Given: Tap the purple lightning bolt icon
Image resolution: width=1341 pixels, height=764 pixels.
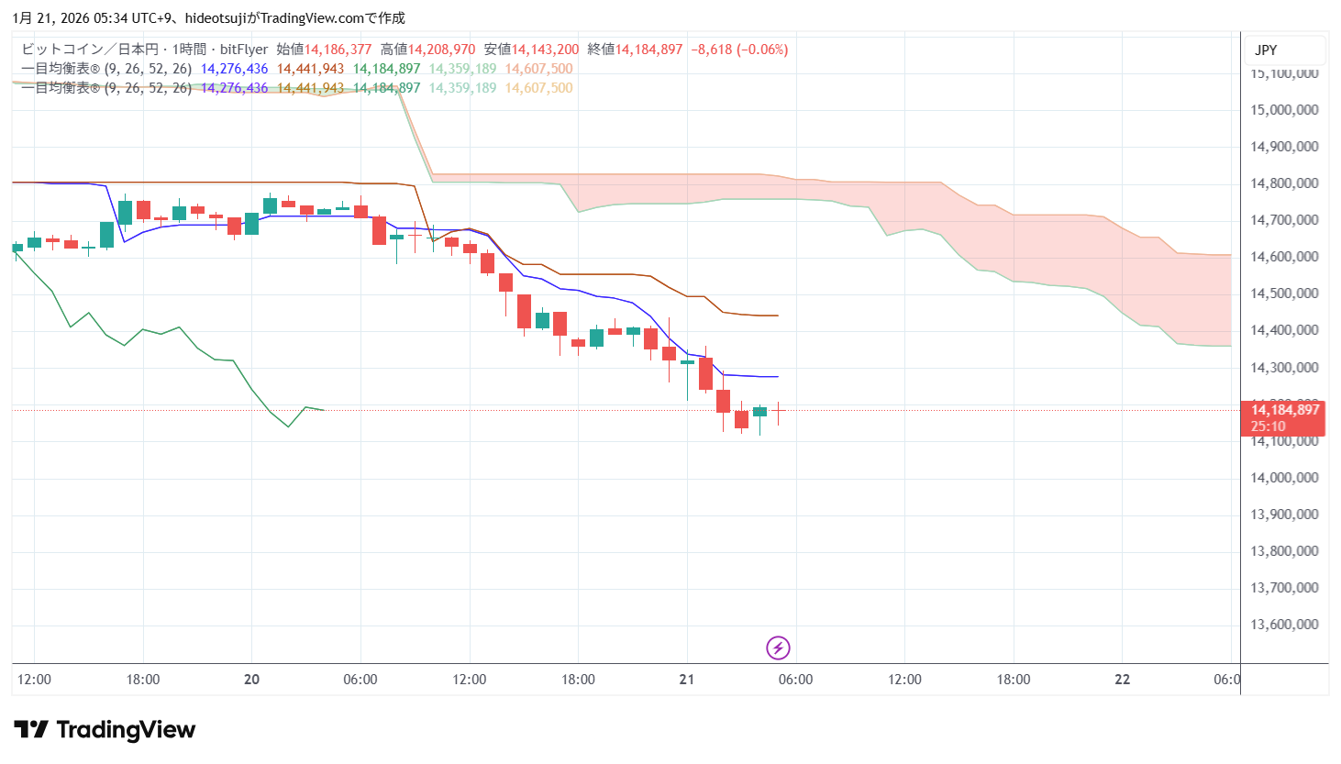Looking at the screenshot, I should tap(778, 648).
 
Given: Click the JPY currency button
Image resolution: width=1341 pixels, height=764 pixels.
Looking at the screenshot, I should tap(1266, 50).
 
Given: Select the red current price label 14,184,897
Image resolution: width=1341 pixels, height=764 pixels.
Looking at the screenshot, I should tap(1284, 411).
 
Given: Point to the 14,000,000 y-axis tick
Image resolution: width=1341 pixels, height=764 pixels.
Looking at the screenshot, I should tap(1284, 478).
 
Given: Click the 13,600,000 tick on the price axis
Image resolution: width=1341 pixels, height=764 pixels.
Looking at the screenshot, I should tap(1284, 625).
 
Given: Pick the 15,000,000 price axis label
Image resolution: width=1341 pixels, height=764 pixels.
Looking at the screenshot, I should tap(1284, 110).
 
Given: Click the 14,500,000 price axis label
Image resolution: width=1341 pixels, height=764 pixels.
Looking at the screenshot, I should tap(1284, 293).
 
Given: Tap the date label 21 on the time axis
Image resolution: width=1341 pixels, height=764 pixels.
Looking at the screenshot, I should tap(687, 680).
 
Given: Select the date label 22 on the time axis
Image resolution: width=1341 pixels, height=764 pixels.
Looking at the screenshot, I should tap(1122, 680).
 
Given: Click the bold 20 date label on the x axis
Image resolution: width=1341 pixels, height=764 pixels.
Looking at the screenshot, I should tap(251, 680).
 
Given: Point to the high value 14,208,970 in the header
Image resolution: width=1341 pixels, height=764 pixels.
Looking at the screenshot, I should tap(441, 50).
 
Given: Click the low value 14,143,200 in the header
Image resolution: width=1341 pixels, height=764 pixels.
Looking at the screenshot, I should tap(545, 50).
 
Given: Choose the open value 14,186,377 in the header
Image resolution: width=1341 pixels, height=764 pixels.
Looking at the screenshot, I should tap(338, 50).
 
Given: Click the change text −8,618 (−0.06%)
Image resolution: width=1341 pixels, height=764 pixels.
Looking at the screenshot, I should tap(739, 50).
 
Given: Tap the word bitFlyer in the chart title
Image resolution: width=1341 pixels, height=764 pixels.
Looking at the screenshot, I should tap(244, 50).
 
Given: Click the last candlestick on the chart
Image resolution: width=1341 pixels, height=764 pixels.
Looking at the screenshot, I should tap(778, 412).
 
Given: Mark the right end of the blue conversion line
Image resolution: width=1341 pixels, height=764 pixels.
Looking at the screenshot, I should tap(778, 377).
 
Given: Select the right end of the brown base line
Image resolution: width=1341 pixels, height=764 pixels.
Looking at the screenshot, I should tap(778, 316).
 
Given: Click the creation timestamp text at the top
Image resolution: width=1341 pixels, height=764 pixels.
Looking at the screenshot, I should tap(209, 18).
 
